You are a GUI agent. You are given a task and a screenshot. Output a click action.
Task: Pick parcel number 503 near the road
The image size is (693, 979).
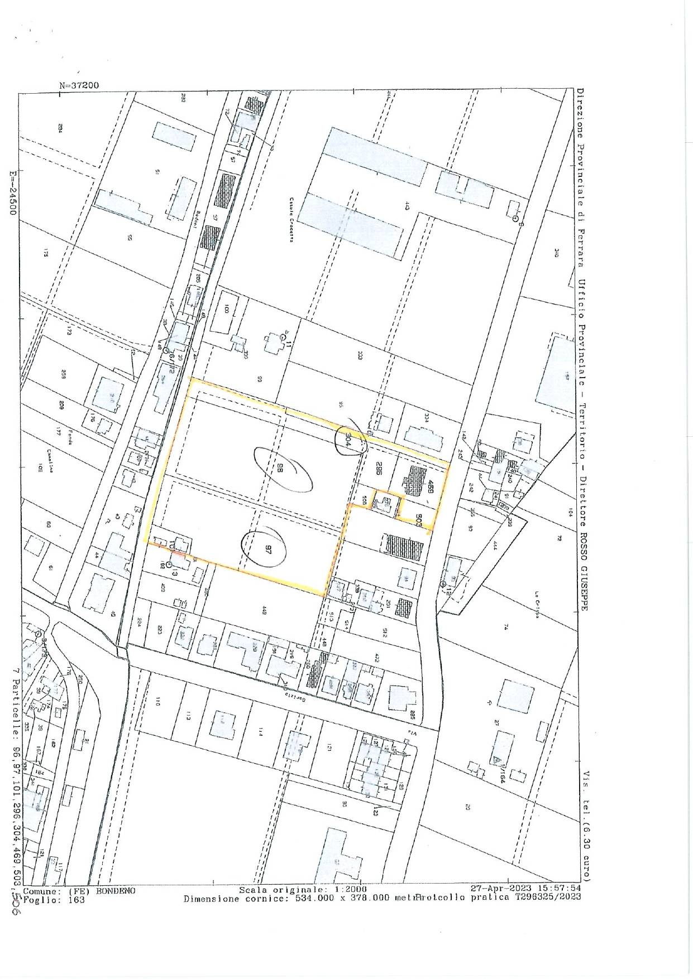click(418, 519)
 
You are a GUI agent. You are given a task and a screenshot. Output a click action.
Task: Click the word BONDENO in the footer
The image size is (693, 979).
click(116, 906)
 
